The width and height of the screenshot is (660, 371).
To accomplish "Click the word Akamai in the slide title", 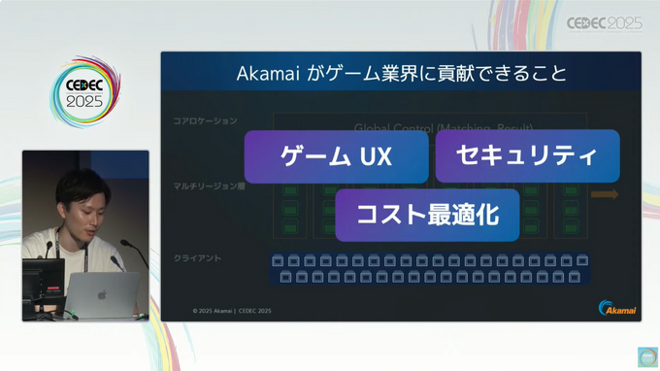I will tap(274, 74).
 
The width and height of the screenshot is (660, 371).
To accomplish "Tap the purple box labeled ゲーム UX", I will tap(336, 156).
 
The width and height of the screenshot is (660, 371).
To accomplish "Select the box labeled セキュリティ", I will tap(527, 155).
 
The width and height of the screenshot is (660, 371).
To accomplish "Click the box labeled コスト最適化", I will tap(427, 215).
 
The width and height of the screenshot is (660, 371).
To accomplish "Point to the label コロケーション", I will tap(205, 121).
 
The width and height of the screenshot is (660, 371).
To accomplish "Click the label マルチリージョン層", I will tap(208, 185).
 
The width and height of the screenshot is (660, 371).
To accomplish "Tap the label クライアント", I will tap(197, 258).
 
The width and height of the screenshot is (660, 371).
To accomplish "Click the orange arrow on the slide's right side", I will tap(604, 195).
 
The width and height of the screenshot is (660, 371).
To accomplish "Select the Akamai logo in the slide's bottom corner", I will tap(617, 308).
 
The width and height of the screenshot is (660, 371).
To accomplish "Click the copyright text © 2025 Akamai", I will tap(213, 311).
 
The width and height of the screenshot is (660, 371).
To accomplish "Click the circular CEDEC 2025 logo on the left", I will tap(84, 93).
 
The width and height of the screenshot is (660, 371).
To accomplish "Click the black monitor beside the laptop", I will tap(43, 283).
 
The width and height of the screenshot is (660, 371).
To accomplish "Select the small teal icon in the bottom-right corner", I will tap(647, 356).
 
